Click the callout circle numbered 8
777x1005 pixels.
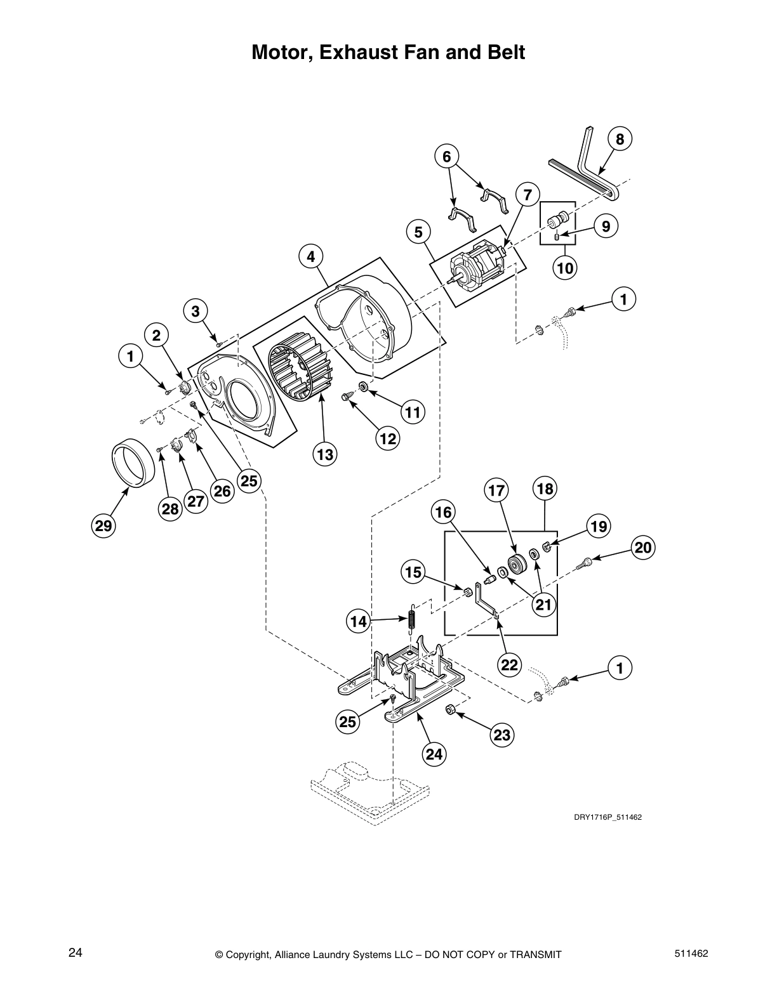[x=620, y=139]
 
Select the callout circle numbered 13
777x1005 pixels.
[x=325, y=454]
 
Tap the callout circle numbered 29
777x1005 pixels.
[x=103, y=525]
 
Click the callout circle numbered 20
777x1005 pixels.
[x=643, y=548]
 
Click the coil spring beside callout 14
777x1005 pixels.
[x=411, y=617]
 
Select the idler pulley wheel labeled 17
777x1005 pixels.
[x=518, y=563]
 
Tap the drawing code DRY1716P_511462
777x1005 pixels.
[x=608, y=817]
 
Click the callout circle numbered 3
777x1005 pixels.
[x=196, y=311]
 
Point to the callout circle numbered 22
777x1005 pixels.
[x=510, y=664]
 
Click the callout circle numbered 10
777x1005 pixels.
[x=564, y=268]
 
